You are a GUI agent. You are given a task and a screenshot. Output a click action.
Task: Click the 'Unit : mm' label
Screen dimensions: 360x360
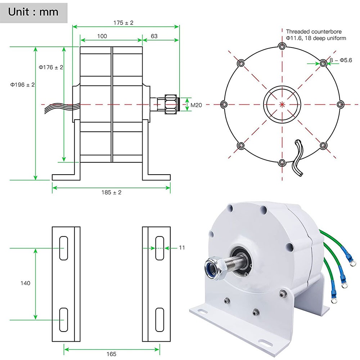pyautogui.click(x=33, y=12)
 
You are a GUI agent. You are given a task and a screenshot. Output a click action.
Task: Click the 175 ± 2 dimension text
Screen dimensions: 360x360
pyautogui.click(x=123, y=22)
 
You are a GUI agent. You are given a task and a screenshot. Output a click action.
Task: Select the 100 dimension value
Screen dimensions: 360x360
pyautogui.click(x=102, y=36)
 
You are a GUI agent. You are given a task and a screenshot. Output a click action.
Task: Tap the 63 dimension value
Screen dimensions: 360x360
pyautogui.click(x=154, y=36)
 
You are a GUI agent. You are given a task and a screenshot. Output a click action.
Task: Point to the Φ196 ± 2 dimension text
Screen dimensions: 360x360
pyautogui.click(x=22, y=85)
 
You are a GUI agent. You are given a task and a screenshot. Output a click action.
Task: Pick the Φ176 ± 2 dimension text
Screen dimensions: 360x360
pyautogui.click(x=51, y=67)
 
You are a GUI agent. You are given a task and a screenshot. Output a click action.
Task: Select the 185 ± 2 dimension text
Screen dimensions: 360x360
pyautogui.click(x=111, y=193)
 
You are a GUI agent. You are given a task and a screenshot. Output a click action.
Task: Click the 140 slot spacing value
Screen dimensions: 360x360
pyautogui.click(x=25, y=283)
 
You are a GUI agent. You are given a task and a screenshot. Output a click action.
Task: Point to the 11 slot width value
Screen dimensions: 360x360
pyautogui.click(x=181, y=248)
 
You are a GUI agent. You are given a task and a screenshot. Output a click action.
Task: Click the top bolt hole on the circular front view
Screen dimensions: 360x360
pyautogui.click(x=282, y=46)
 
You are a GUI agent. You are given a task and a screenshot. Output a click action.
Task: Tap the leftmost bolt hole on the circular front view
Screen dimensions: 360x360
pyautogui.click(x=224, y=104)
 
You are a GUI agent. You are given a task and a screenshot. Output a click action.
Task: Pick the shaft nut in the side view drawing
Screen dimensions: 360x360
pyautogui.click(x=171, y=104)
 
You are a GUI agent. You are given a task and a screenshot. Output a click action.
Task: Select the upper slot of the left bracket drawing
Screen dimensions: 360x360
pyautogui.click(x=64, y=248)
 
